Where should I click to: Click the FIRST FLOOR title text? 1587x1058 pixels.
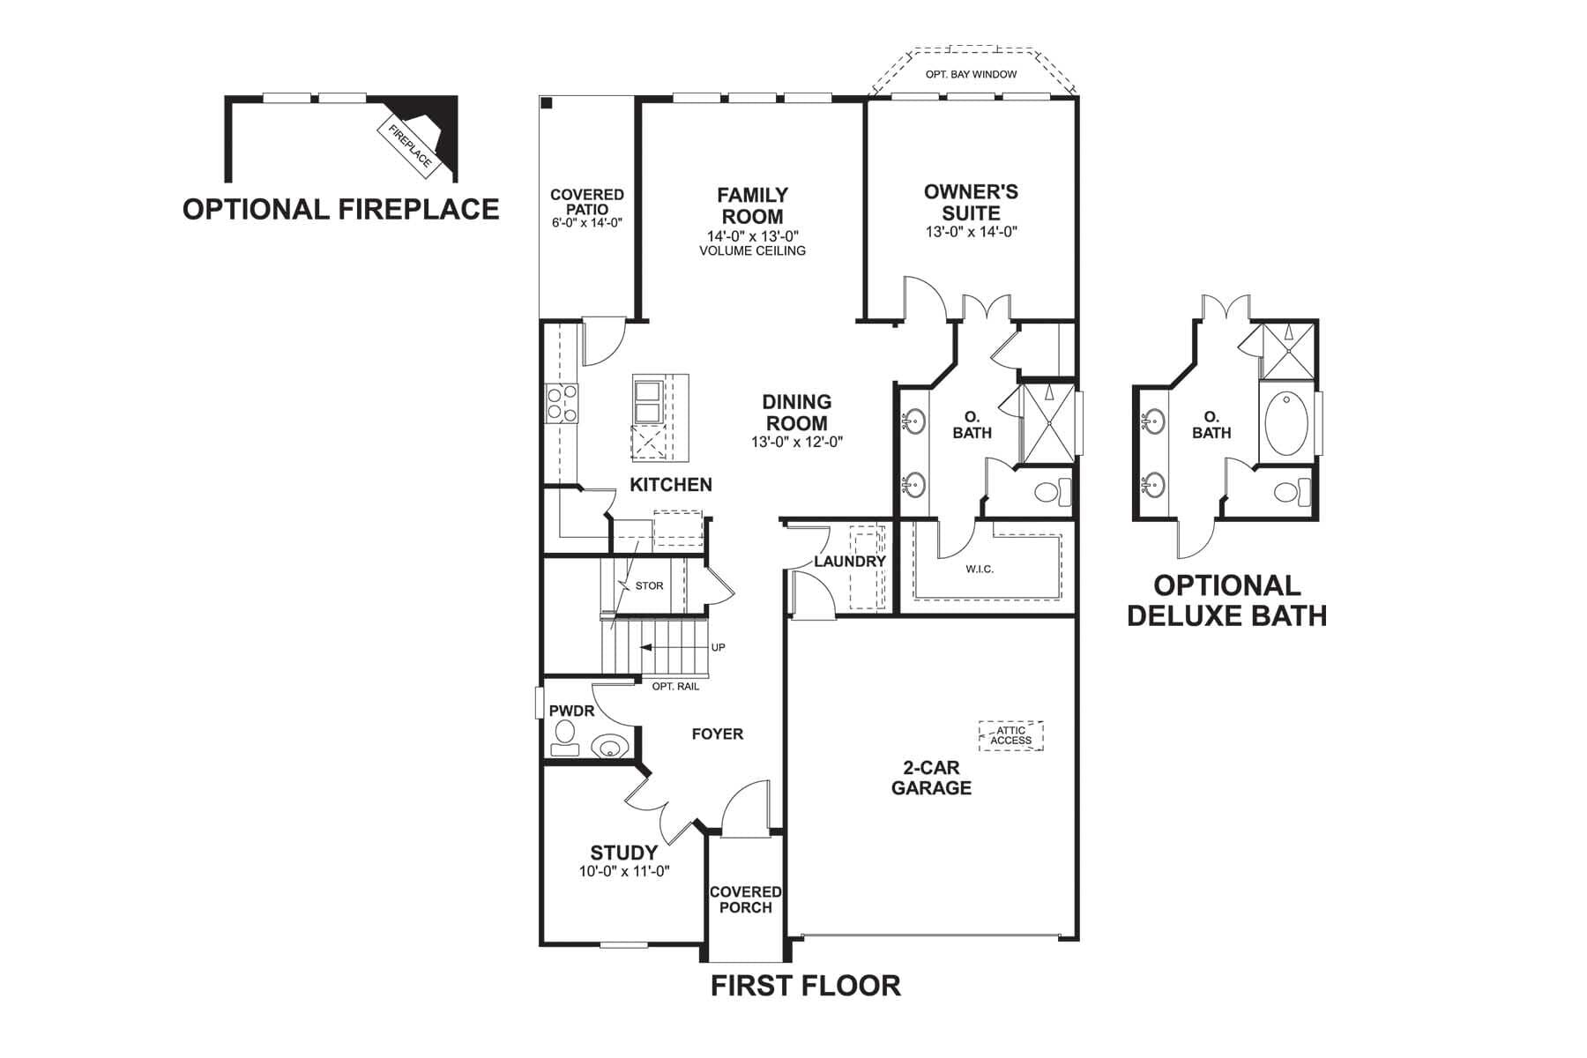click(x=806, y=985)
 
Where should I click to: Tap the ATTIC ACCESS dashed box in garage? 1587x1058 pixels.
click(x=1010, y=735)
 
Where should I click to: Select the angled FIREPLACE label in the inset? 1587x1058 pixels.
click(x=410, y=145)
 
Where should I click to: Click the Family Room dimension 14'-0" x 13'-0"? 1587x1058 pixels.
click(x=752, y=236)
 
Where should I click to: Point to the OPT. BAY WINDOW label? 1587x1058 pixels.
click(x=971, y=74)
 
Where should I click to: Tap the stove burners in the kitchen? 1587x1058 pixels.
click(x=562, y=402)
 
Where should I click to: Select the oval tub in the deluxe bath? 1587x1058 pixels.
click(x=1286, y=422)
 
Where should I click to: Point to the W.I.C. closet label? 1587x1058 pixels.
click(x=980, y=569)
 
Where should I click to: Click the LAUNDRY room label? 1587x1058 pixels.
click(x=849, y=562)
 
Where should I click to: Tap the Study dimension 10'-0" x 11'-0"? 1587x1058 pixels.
click(x=624, y=871)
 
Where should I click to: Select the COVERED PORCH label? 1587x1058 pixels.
click(x=745, y=899)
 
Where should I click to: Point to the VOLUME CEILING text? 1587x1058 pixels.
click(x=752, y=250)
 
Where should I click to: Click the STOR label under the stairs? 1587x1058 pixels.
click(x=649, y=585)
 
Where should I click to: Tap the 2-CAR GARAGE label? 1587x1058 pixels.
click(x=931, y=778)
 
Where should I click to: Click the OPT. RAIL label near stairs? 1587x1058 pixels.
click(x=675, y=686)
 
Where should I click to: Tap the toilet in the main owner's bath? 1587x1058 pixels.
click(x=1051, y=491)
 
